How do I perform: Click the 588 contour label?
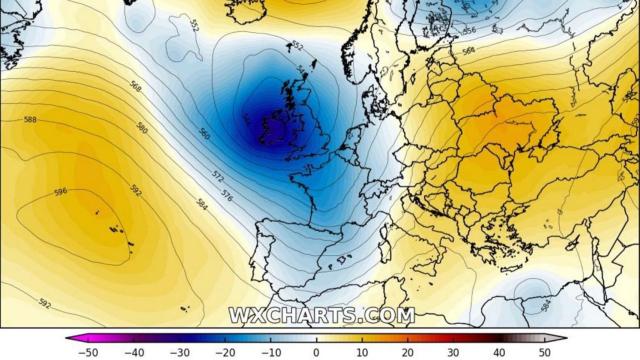point(30,119)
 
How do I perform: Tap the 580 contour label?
point(142,128)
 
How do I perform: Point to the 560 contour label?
point(204,133)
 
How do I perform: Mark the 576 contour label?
point(227,192)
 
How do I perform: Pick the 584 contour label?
point(203,205)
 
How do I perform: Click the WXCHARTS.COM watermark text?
point(321,315)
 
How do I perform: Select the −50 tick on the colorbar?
point(89,353)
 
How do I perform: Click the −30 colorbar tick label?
point(180,353)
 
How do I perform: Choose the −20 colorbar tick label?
point(226,353)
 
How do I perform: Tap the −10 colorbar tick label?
point(272,353)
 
